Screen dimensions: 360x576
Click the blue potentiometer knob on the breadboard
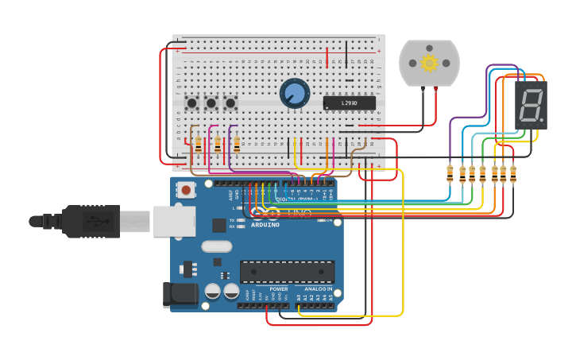[x=295, y=93]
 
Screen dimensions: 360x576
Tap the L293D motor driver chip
[x=349, y=103]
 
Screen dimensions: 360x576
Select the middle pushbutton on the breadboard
[x=211, y=103]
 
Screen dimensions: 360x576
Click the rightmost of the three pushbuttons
[x=230, y=103]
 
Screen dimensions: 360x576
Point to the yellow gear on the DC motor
[x=429, y=63]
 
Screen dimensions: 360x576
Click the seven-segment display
[x=531, y=105]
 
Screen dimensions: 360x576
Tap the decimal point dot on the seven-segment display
[x=542, y=121]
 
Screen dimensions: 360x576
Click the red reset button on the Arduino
[x=186, y=189]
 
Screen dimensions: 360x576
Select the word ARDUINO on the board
[x=265, y=225]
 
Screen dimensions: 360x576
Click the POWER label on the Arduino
[x=278, y=289]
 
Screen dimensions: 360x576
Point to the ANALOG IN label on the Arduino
[x=319, y=289]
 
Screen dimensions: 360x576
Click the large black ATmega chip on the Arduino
[x=287, y=272]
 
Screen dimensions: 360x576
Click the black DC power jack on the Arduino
[x=180, y=294]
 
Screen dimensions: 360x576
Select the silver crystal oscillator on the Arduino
[x=216, y=246]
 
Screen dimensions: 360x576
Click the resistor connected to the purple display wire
[x=450, y=173]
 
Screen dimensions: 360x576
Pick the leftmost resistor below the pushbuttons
[x=198, y=144]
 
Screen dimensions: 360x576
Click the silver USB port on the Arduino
[x=174, y=221]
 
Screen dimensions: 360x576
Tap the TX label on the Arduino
[x=232, y=220]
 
